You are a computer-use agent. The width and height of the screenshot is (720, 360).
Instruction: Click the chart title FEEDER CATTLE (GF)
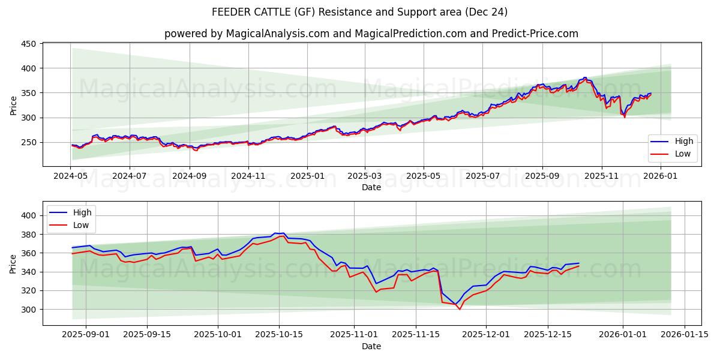pyautogui.click(x=359, y=12)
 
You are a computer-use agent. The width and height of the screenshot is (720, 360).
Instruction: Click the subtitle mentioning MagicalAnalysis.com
pyautogui.click(x=371, y=34)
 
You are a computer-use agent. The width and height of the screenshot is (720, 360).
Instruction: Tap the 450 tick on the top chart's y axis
pyautogui.click(x=29, y=44)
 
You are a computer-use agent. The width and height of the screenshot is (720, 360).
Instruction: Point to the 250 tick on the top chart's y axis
pyautogui.click(x=29, y=142)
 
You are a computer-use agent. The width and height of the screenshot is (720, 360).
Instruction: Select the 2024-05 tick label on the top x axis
pyautogui.click(x=71, y=176)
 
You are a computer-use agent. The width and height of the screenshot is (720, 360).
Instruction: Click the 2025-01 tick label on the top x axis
pyautogui.click(x=307, y=176)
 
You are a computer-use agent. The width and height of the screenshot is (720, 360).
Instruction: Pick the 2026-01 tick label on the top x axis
pyautogui.click(x=660, y=176)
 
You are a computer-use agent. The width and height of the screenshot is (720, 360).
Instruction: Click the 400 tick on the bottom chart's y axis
pyautogui.click(x=29, y=215)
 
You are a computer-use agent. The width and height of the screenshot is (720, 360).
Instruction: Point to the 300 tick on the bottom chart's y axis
pyautogui.click(x=29, y=310)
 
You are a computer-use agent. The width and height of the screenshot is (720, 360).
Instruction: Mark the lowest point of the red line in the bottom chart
pyautogui.click(x=460, y=309)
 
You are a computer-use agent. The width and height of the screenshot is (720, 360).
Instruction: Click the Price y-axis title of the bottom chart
pyautogui.click(x=13, y=263)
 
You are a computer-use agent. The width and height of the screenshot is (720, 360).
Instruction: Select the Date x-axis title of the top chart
pyautogui.click(x=371, y=187)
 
